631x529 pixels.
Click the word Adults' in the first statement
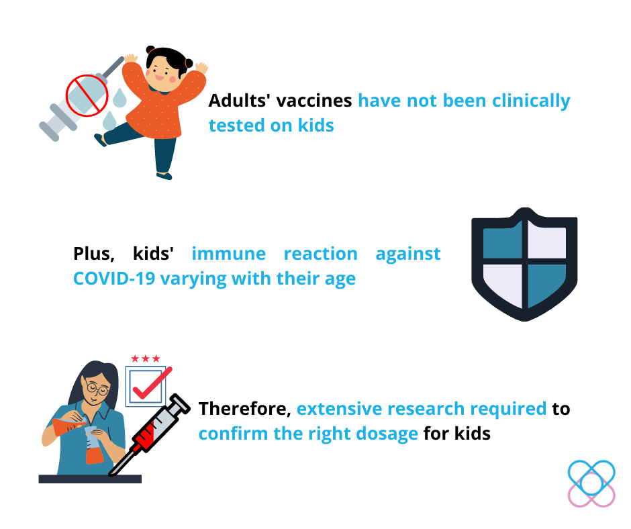point(240,100)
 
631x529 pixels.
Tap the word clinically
point(531,101)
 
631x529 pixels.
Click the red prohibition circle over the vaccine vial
point(87,95)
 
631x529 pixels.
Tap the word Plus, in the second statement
point(94,254)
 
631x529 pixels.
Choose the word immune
point(229,254)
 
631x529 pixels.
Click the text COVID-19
point(114,279)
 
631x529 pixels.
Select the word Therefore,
point(245,409)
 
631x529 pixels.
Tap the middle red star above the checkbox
point(146,358)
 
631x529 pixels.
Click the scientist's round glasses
point(97,389)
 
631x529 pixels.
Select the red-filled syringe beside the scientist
point(149,435)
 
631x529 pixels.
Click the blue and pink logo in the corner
point(591,483)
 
